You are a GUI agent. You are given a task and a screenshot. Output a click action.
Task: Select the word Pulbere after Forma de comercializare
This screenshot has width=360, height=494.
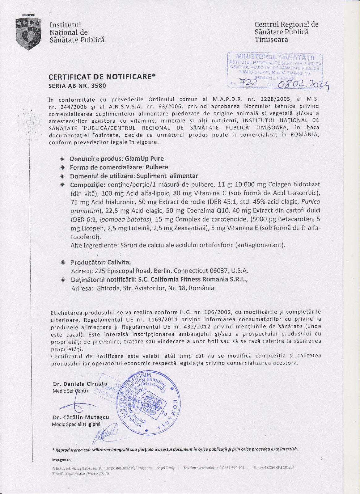coord(157,167)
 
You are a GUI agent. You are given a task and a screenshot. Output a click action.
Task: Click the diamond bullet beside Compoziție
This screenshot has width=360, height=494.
coord(62,185)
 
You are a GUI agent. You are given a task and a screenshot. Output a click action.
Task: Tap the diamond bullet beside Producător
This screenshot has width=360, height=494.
coord(63,262)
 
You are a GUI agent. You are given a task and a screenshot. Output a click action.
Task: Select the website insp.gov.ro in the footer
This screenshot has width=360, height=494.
coord(62,459)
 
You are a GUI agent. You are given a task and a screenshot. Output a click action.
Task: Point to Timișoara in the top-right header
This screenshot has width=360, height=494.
coord(271,40)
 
